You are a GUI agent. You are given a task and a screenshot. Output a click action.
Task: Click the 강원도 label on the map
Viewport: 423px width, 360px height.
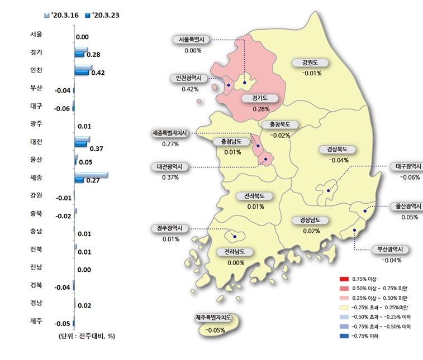click(308, 62)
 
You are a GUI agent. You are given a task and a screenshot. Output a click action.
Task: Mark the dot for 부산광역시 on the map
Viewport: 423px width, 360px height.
click(354, 230)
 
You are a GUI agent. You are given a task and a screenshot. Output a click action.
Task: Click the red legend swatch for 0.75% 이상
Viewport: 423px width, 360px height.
click(344, 279)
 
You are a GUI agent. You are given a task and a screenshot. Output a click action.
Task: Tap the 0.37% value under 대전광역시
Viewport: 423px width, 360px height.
click(170, 177)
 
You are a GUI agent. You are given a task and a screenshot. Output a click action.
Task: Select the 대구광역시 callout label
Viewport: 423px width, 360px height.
click(406, 166)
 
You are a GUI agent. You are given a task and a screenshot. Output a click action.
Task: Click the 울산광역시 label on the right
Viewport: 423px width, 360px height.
click(406, 206)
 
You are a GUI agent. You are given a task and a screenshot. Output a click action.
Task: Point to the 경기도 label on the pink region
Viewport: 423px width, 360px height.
click(261, 98)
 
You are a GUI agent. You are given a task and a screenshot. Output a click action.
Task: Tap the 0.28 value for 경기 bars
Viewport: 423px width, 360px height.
click(93, 55)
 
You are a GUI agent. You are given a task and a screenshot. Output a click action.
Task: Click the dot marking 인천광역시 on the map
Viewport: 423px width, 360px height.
click(229, 85)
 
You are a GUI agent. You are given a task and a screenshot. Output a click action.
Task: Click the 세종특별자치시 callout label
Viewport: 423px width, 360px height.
click(171, 133)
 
